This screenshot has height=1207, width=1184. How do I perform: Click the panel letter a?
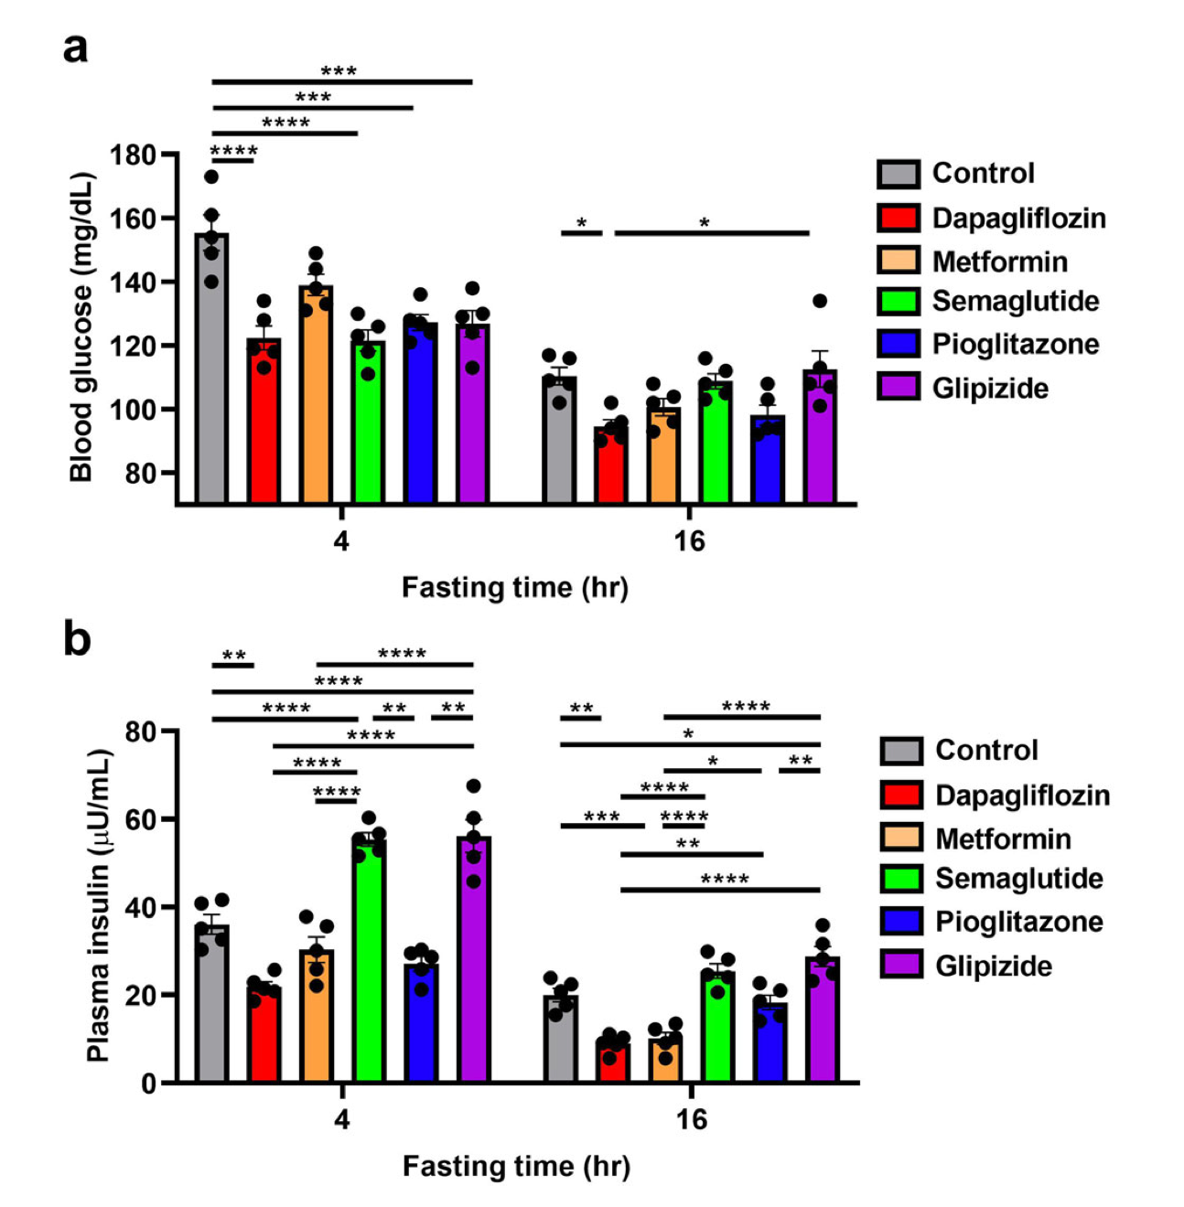[75, 48]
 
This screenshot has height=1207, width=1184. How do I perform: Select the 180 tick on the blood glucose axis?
[132, 155]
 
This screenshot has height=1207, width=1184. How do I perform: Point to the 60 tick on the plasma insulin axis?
[144, 819]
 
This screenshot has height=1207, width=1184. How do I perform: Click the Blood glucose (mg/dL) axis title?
[81, 326]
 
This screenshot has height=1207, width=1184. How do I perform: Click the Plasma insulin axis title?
[99, 905]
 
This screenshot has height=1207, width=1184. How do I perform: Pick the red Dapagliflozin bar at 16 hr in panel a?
[610, 466]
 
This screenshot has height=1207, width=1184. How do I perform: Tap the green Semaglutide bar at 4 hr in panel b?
[369, 960]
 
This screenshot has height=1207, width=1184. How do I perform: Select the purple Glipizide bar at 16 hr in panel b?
[823, 1020]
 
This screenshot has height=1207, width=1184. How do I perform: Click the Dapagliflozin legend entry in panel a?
[1018, 218]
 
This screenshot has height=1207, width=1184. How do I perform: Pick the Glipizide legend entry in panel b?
[993, 966]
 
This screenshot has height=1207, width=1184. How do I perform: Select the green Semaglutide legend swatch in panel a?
[898, 302]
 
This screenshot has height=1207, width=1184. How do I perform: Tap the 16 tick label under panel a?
[690, 541]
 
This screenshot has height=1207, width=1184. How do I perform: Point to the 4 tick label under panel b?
[342, 1119]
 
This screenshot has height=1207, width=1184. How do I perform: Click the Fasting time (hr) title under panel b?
[516, 1166]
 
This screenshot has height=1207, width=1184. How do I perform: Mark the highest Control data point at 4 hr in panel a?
[211, 176]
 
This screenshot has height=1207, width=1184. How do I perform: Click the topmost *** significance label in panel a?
[339, 71]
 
